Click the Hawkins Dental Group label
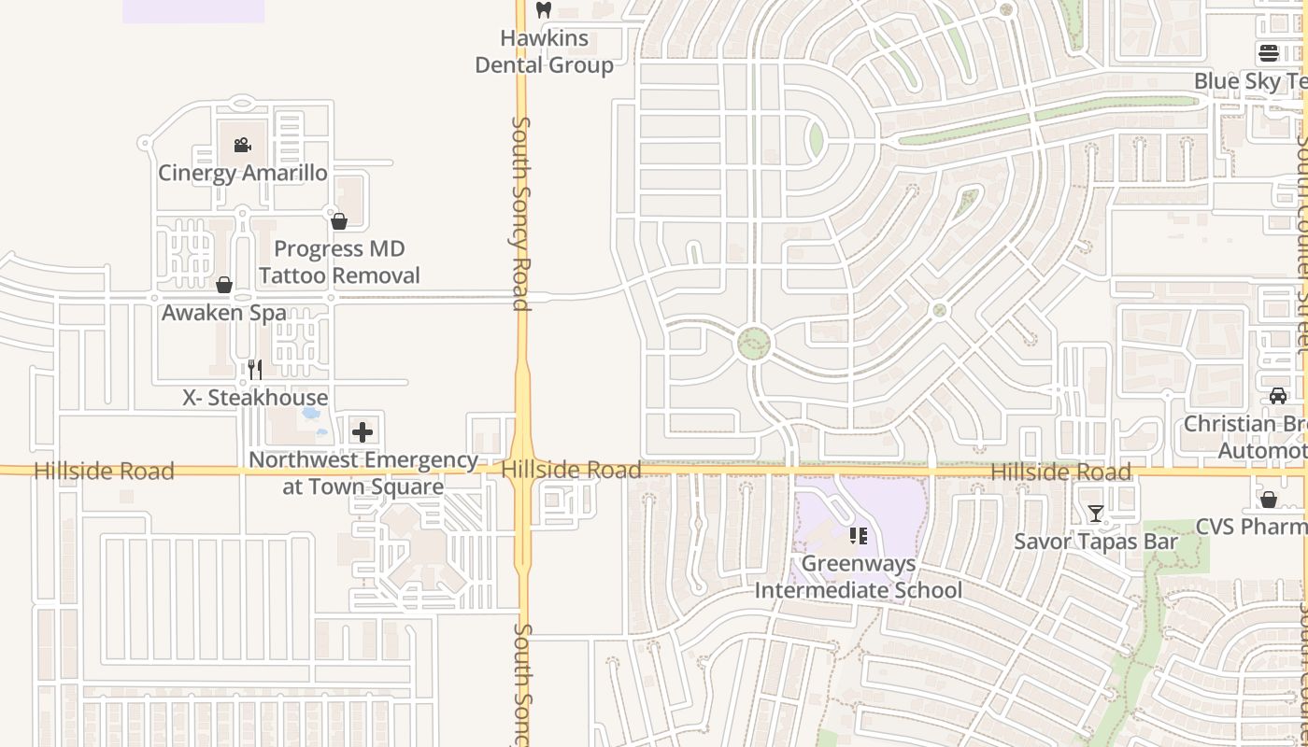[x=544, y=51]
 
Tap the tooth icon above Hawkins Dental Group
[x=544, y=10]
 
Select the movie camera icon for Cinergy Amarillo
[x=242, y=145]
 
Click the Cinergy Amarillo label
[x=243, y=173]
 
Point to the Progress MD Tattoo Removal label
[x=339, y=262]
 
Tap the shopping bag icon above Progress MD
[x=339, y=221]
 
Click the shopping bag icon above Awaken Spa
[x=224, y=285]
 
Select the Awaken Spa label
[x=224, y=313]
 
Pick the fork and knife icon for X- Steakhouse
[x=255, y=370]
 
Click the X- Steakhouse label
[x=255, y=398]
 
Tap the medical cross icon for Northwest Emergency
[x=363, y=432]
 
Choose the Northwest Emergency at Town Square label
[x=363, y=473]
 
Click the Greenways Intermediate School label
[x=858, y=577]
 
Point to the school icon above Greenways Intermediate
[x=858, y=536]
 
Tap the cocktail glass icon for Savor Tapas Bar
[x=1096, y=514]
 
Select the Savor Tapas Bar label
[x=1096, y=542]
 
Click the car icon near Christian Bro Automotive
[x=1278, y=396]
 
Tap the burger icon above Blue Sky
[x=1268, y=53]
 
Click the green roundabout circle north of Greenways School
[x=754, y=344]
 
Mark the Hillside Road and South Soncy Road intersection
[x=522, y=470]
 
